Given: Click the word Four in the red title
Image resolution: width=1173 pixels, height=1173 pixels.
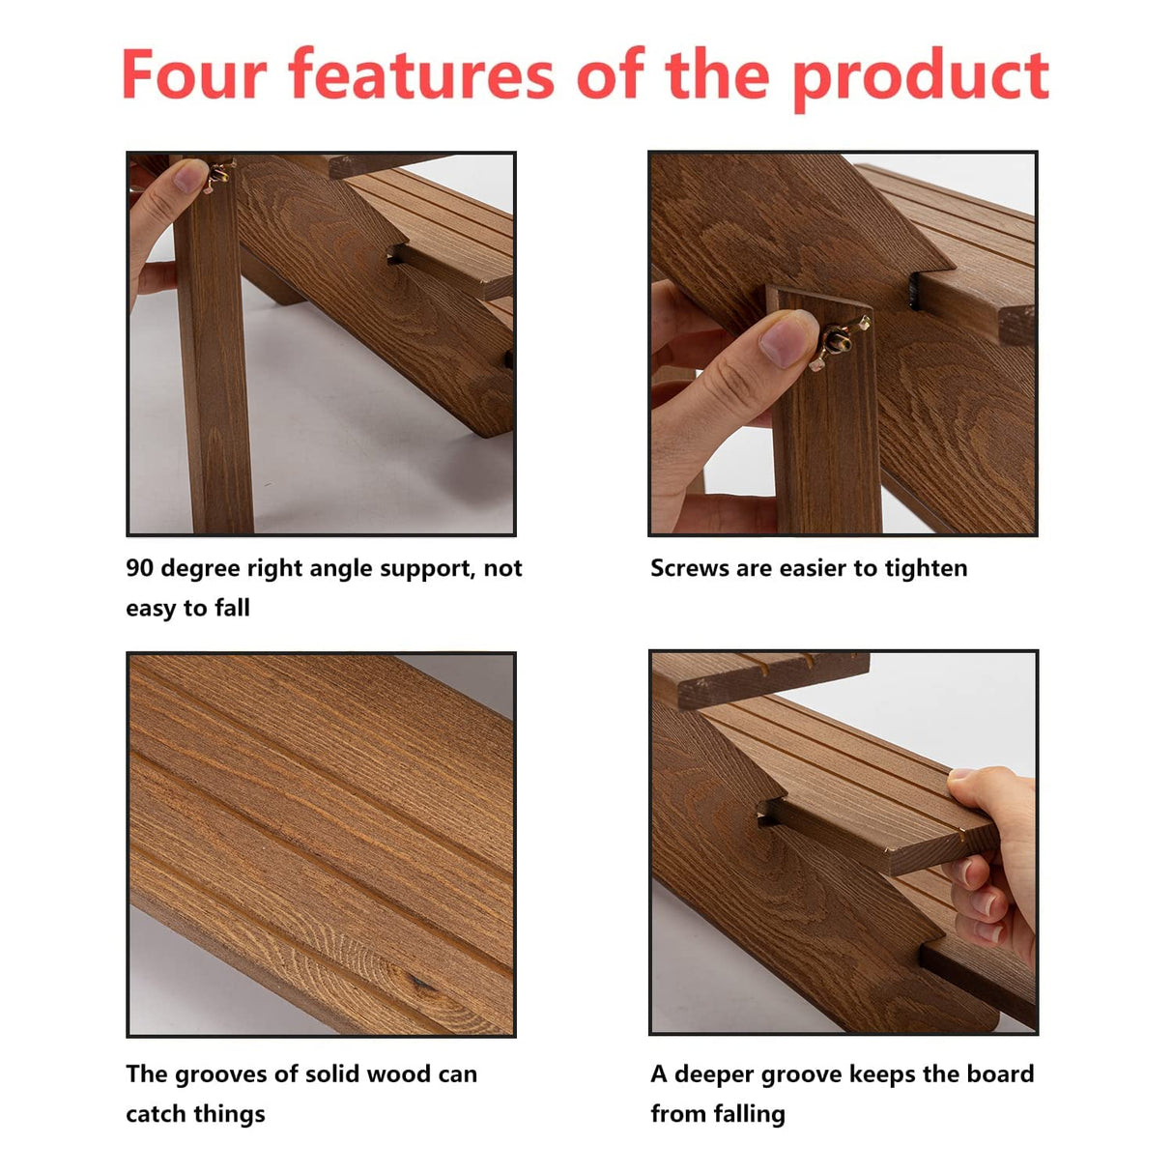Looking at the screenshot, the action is tap(194, 74).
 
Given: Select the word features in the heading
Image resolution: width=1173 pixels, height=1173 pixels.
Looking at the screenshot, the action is tap(421, 73).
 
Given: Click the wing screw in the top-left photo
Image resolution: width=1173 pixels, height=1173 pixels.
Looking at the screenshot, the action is tap(218, 175).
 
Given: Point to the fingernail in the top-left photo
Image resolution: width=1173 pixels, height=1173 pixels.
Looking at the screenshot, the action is tap(189, 175).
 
